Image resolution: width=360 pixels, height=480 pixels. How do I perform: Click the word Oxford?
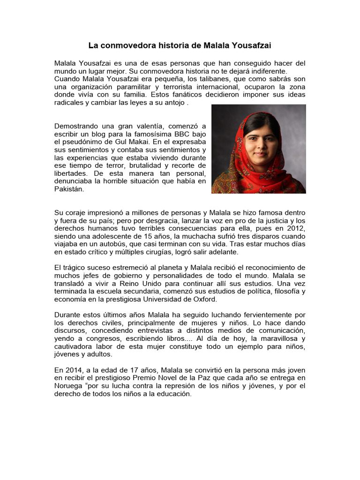(x=203, y=299)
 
